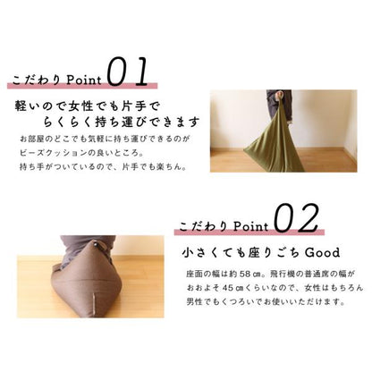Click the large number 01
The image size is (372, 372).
pyautogui.click(x=128, y=72)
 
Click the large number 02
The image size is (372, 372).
pyautogui.click(x=296, y=218)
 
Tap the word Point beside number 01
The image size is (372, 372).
pyautogui.click(x=84, y=80)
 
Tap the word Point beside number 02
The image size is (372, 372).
pyautogui.click(x=251, y=226)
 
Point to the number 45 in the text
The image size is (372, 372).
pyautogui.click(x=227, y=288)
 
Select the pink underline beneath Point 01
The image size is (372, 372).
pyautogui.click(x=82, y=86)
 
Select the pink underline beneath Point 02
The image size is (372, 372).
pyautogui.click(x=249, y=232)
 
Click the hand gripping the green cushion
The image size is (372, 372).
pyautogui.click(x=280, y=96)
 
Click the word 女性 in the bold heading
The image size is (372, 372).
pyautogui.click(x=82, y=106)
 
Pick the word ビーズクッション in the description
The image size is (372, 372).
pyautogui.click(x=54, y=153)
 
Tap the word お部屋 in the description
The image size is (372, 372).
pyautogui.click(x=30, y=139)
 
